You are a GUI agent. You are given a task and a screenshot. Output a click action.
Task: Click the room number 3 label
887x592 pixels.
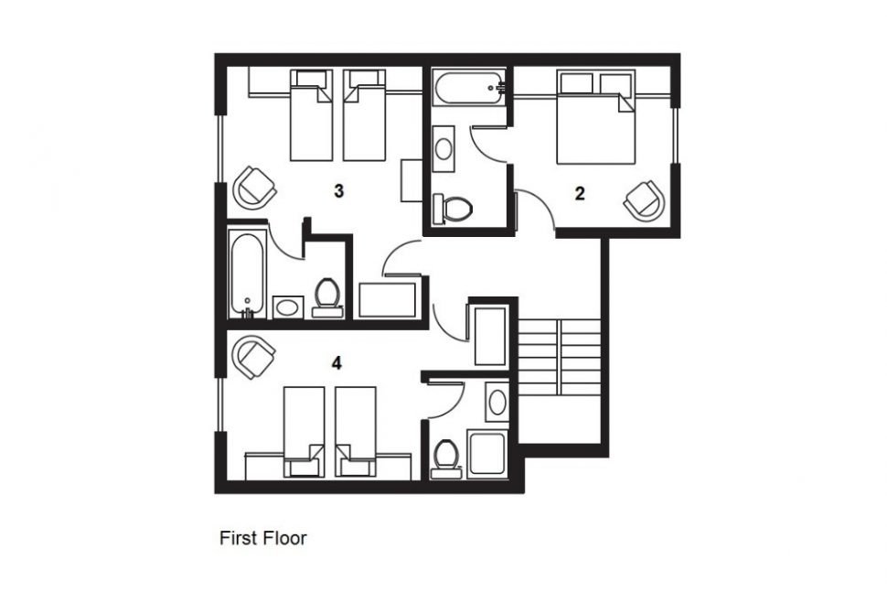(338, 191)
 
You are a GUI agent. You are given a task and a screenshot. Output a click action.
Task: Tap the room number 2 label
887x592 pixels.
(579, 194)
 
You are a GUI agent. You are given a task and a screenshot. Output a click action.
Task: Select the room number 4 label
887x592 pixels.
(337, 362)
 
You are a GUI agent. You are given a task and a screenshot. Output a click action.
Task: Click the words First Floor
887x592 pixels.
(263, 538)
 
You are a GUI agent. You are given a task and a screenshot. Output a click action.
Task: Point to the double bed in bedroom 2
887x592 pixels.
(595, 117)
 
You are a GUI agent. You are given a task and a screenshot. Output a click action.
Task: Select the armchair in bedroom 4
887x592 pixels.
(254, 357)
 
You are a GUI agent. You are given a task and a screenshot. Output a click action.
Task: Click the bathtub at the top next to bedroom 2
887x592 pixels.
(468, 87)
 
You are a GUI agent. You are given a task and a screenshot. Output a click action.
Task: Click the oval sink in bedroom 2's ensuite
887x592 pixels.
(443, 149)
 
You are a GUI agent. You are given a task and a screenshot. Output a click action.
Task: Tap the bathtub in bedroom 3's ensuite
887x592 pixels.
(247, 274)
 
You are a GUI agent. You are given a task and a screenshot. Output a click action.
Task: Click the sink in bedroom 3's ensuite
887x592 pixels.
(288, 307)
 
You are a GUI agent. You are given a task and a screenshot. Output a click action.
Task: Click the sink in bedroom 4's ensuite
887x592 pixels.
(497, 403)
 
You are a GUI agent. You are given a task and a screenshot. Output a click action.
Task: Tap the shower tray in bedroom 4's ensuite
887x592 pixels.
(486, 453)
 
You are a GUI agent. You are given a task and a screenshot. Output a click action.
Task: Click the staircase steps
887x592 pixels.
(559, 357)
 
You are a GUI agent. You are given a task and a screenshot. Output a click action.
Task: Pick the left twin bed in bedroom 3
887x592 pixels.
(311, 115)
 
